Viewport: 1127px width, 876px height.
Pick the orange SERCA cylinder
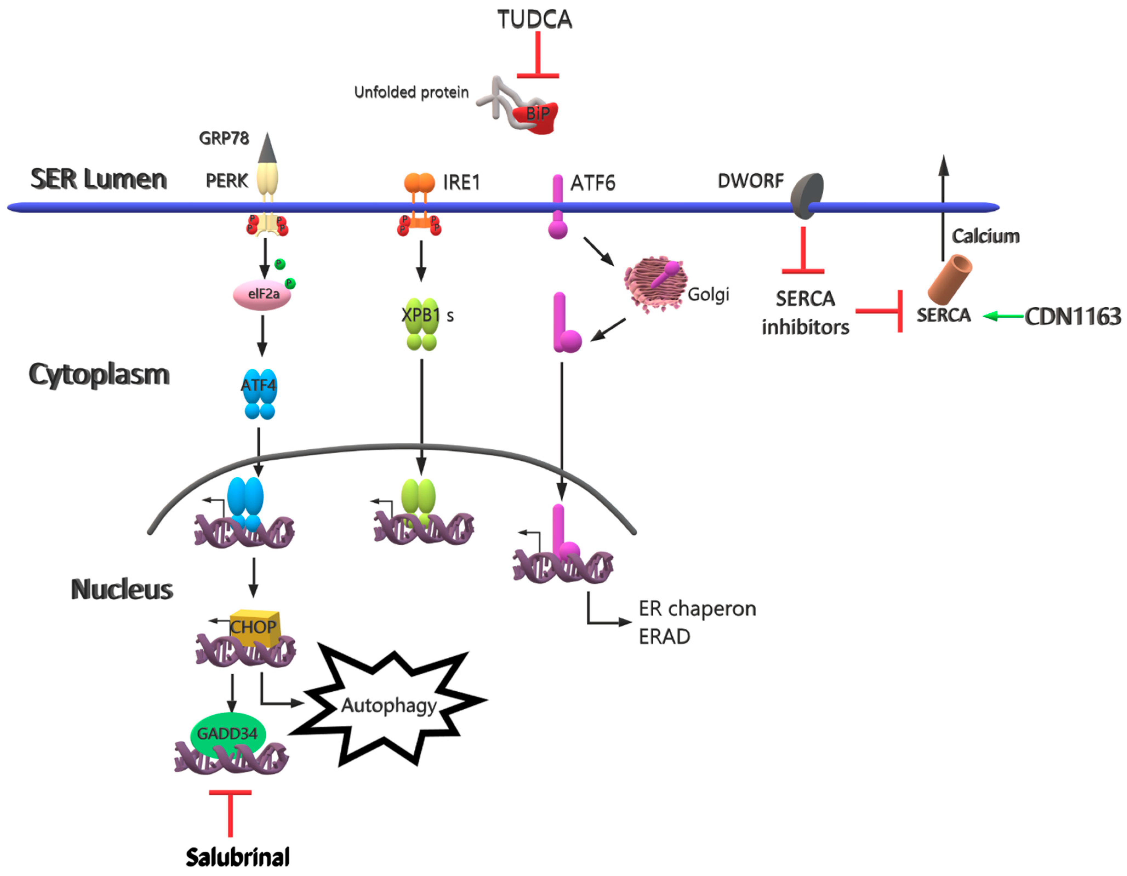click(x=949, y=279)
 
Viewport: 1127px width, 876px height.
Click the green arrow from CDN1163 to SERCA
click(x=1004, y=316)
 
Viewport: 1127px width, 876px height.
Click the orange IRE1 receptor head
click(x=419, y=183)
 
